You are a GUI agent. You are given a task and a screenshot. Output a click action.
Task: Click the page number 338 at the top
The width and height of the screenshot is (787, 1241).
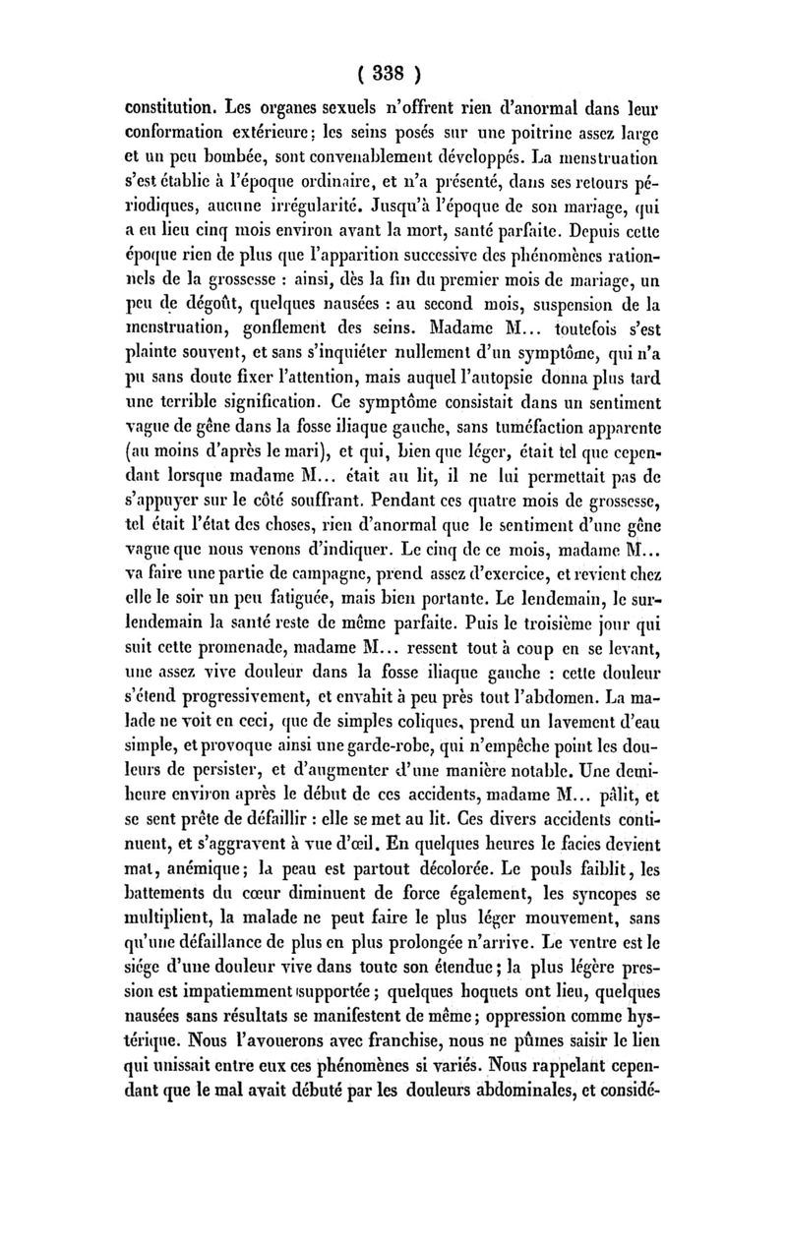pyautogui.click(x=390, y=74)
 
